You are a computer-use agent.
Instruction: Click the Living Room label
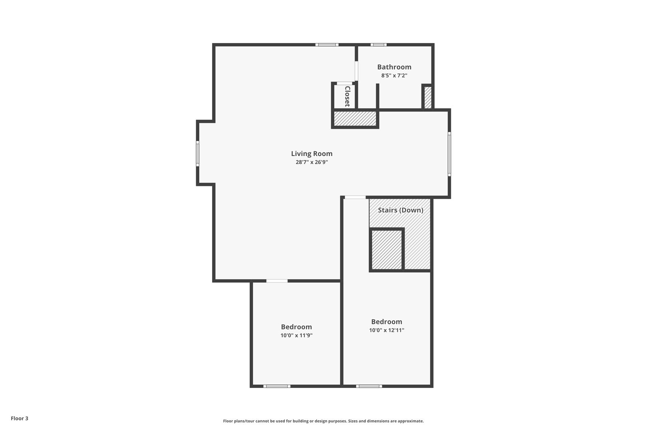click(312, 154)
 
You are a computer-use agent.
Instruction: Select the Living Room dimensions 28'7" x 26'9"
click(312, 162)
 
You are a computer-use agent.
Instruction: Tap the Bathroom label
click(394, 67)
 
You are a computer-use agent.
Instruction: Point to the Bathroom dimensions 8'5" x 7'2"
click(394, 76)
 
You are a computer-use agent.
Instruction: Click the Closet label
click(347, 97)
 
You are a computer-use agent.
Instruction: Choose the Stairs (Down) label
click(401, 210)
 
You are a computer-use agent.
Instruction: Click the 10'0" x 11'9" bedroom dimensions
click(296, 336)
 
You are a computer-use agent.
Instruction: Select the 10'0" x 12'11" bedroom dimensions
click(387, 330)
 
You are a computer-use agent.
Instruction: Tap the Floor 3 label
click(20, 418)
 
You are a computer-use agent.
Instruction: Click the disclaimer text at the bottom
click(323, 421)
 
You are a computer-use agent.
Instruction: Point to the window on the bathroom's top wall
click(378, 45)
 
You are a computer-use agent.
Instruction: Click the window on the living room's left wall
click(198, 154)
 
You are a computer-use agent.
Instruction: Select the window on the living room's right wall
click(449, 154)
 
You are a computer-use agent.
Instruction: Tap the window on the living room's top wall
click(327, 45)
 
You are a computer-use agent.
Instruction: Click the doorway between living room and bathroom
click(356, 71)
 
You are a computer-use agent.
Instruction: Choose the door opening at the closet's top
click(344, 83)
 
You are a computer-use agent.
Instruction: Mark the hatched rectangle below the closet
click(355, 119)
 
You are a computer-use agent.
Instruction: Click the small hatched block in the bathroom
click(428, 98)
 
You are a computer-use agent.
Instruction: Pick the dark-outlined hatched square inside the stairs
click(387, 250)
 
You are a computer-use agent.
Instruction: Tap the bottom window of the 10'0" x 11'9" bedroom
click(277, 386)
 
